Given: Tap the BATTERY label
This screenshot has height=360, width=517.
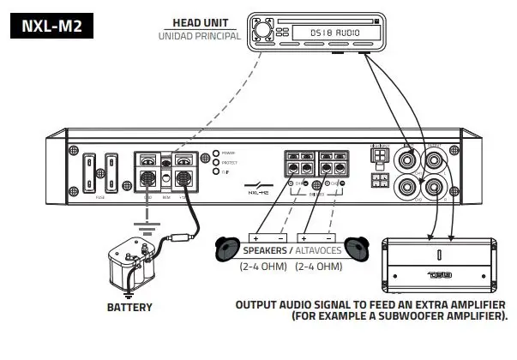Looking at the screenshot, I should click(x=129, y=307).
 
